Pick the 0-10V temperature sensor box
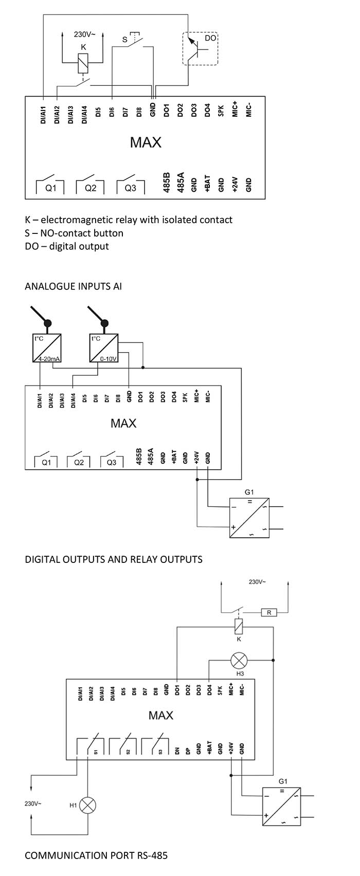[103, 349]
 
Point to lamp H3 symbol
[239, 660]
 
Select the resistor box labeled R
[269, 612]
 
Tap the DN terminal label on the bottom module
[177, 751]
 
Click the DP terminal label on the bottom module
[188, 751]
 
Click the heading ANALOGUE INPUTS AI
[73, 286]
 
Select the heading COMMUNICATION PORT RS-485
[96, 855]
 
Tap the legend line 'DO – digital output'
[67, 246]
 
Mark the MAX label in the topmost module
[145, 142]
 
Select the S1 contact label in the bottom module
[96, 752]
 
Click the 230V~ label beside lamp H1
[33, 803]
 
